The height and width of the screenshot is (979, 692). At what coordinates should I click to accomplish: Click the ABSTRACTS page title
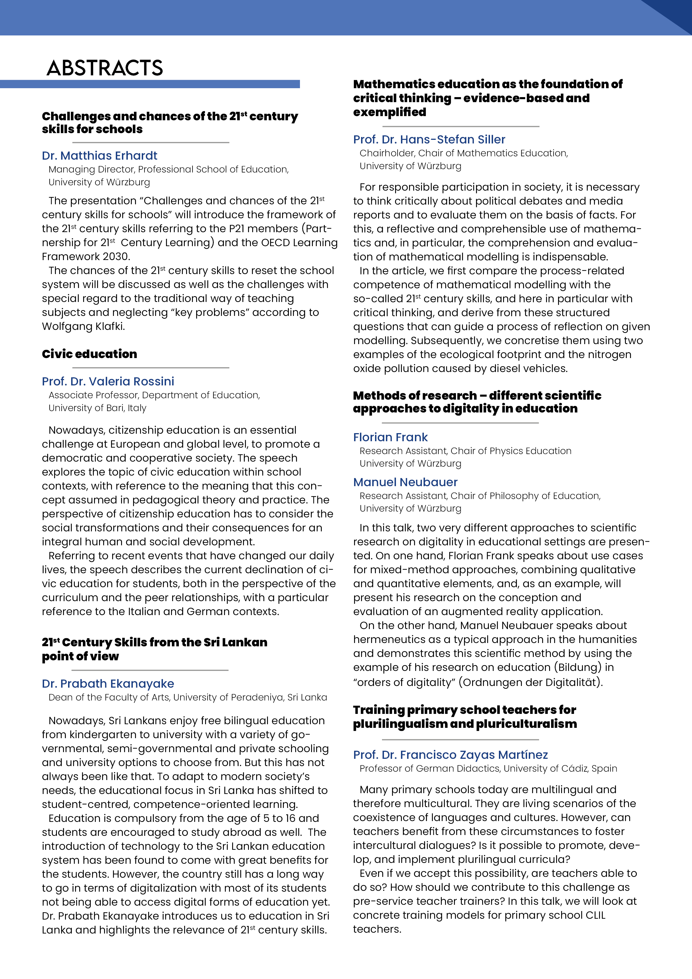pyautogui.click(x=105, y=68)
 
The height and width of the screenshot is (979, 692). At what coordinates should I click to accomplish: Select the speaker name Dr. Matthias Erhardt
pyautogui.click(x=99, y=156)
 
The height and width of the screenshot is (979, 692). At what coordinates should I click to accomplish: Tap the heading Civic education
pyautogui.click(x=90, y=354)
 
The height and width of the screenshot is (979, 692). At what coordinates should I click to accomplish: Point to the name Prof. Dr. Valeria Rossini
pyautogui.click(x=108, y=381)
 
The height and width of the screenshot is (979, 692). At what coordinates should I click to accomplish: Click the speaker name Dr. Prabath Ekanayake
pyautogui.click(x=108, y=683)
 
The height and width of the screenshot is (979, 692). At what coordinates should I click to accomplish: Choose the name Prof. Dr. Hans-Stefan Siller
pyautogui.click(x=429, y=140)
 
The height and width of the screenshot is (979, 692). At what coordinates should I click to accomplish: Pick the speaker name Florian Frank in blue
pyautogui.click(x=390, y=437)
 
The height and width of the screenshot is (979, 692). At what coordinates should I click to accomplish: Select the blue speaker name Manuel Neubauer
pyautogui.click(x=405, y=482)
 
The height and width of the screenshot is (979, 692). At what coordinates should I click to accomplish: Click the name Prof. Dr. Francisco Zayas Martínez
pyautogui.click(x=450, y=755)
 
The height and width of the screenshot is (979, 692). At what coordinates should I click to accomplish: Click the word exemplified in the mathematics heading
pyautogui.click(x=389, y=112)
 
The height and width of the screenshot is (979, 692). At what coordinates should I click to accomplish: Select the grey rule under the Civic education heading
pyautogui.click(x=151, y=368)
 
